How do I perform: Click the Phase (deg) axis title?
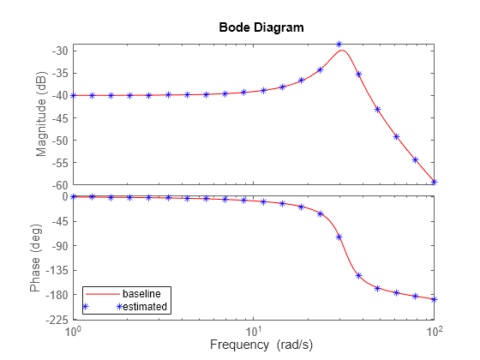point(35,257)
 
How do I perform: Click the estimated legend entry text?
point(143,306)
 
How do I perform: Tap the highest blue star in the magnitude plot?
point(339,44)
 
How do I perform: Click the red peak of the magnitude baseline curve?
point(343,50)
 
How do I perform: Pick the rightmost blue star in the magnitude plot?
point(435,182)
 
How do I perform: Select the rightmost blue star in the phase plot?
point(435,299)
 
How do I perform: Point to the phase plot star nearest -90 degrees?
point(339,237)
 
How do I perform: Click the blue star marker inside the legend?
point(86,306)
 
